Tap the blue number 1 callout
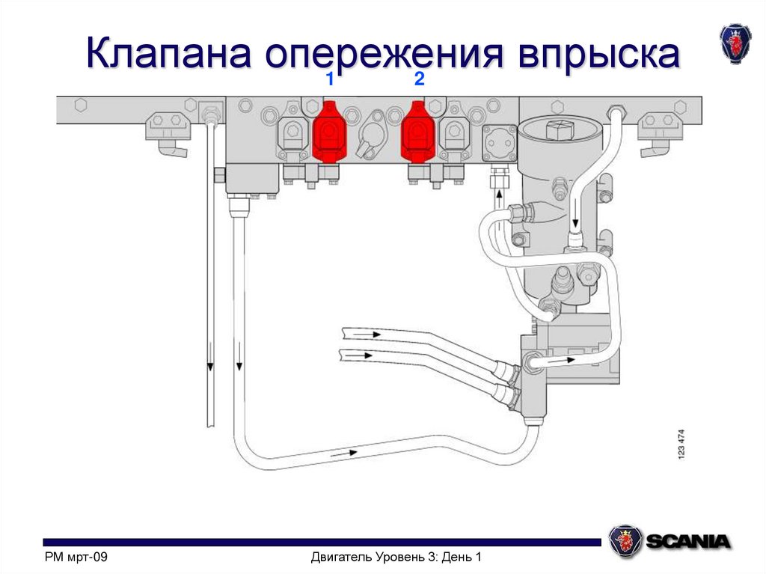coord(329,81)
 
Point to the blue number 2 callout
coord(419,81)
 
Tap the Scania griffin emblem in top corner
coord(734,43)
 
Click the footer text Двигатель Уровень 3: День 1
coord(395,558)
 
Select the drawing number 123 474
coord(681,445)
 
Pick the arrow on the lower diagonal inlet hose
coord(367,355)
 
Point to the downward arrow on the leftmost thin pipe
coord(210,365)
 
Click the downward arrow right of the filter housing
coord(575,222)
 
